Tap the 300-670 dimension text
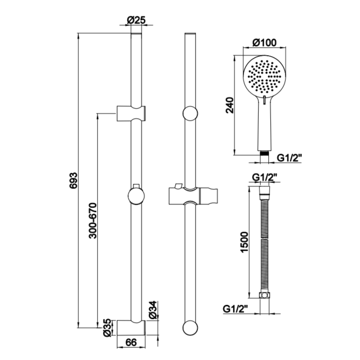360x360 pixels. (x=93, y=220)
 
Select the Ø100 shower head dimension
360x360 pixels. (x=264, y=43)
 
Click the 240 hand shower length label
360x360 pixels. (x=229, y=104)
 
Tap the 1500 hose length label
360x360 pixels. (x=243, y=243)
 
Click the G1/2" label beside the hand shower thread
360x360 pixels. (x=291, y=157)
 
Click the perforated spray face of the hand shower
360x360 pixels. (x=264, y=76)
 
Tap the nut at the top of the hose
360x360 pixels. (x=264, y=192)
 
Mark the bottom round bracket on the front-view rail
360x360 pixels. (x=190, y=328)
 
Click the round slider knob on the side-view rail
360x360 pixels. (x=136, y=196)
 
